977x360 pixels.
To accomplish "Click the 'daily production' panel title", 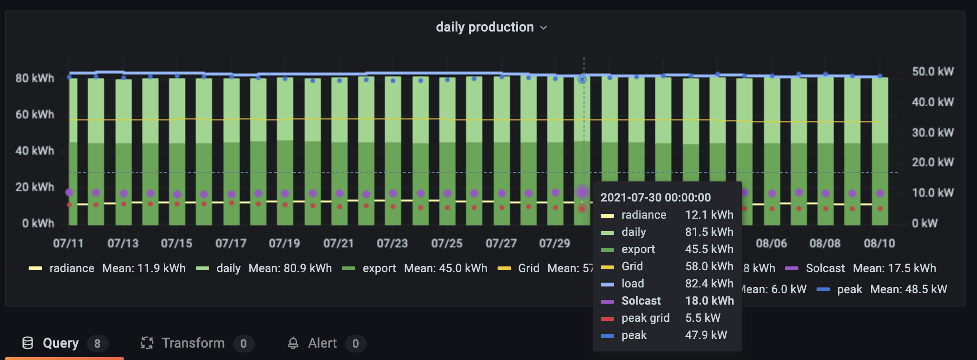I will tap(484, 27).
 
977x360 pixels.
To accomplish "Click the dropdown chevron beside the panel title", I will tap(543, 28).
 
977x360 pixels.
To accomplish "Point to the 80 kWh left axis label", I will tap(34, 78).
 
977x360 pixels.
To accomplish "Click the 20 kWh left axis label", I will tap(34, 187).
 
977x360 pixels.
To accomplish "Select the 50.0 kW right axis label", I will tap(932, 72).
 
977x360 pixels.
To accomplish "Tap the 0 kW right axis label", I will tap(924, 223).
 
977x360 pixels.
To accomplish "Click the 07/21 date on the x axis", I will tap(338, 244).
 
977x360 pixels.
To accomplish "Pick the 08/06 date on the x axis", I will tap(771, 244).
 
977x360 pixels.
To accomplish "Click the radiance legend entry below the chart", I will tap(72, 268).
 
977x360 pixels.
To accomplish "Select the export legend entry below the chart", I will tap(379, 268).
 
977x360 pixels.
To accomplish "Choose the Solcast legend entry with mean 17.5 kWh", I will tap(825, 268).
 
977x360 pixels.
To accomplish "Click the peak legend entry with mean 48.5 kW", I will tap(849, 289).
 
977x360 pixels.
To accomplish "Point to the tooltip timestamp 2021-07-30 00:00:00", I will tap(655, 198).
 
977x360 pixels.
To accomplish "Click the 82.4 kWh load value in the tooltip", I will tap(709, 284).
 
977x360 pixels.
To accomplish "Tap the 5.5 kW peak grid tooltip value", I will tap(702, 318).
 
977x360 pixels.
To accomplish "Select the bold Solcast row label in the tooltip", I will tap(641, 301).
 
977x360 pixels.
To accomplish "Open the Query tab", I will tap(60, 343).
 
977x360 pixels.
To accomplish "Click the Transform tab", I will tap(192, 343).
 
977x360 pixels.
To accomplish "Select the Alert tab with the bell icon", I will tap(322, 343).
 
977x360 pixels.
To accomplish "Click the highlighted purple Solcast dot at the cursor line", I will tap(582, 192).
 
